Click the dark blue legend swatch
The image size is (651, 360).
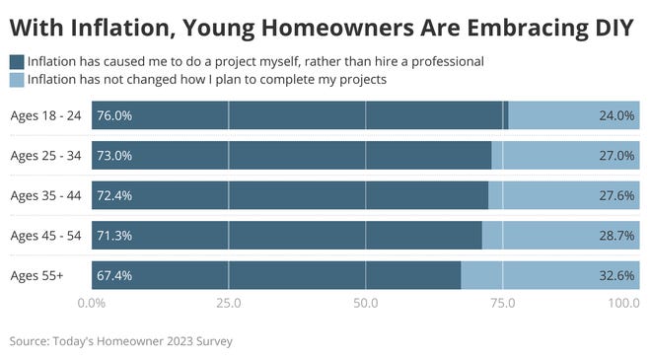click(17, 61)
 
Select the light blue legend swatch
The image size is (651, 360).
click(17, 79)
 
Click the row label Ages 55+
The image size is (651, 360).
click(36, 275)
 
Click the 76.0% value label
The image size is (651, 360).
click(114, 115)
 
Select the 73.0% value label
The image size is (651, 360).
click(114, 156)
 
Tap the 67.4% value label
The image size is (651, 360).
click(114, 276)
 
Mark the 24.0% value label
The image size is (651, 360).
click(616, 115)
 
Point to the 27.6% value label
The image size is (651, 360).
click(616, 196)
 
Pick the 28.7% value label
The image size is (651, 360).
click(616, 236)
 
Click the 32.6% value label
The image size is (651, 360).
click(616, 276)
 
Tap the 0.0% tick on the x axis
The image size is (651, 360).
click(92, 304)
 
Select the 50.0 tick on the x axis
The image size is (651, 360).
click(366, 304)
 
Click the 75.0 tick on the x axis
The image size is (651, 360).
click(503, 304)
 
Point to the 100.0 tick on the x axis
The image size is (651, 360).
click(623, 304)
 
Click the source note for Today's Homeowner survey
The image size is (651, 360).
click(121, 341)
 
